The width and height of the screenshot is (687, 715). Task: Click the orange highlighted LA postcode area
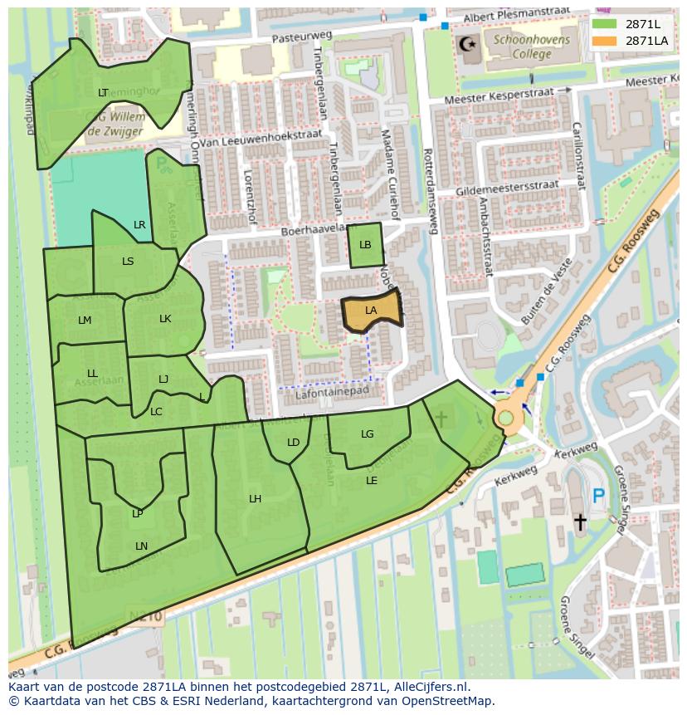coord(372,311)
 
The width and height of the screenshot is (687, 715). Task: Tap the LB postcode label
coord(365,245)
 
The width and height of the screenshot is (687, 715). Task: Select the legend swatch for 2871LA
coord(605,40)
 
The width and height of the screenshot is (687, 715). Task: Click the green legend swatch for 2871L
coord(605,24)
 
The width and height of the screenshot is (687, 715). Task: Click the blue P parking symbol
coord(598,497)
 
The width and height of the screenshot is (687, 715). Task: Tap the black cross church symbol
coord(580,522)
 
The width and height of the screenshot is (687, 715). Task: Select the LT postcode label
coord(103,93)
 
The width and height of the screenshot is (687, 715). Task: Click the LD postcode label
coord(293,443)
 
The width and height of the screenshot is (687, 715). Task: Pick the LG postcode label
coord(368,434)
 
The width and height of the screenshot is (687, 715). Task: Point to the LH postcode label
coord(256,499)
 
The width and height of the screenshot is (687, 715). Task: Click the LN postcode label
coord(141,546)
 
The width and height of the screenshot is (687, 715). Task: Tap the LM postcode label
coord(85,321)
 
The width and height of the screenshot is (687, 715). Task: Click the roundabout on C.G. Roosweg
coord(505,416)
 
